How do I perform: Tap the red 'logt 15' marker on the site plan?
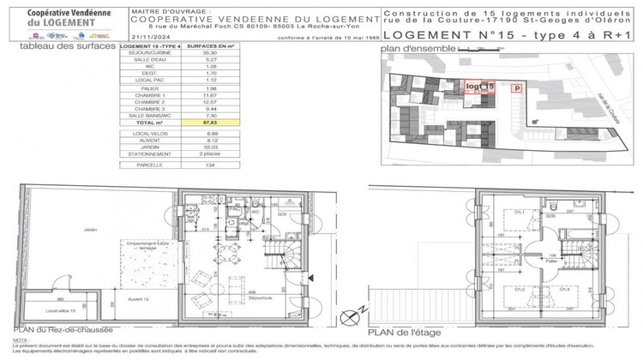[479, 87]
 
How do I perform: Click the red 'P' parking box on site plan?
[516, 87]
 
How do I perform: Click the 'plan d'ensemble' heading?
[414, 49]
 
